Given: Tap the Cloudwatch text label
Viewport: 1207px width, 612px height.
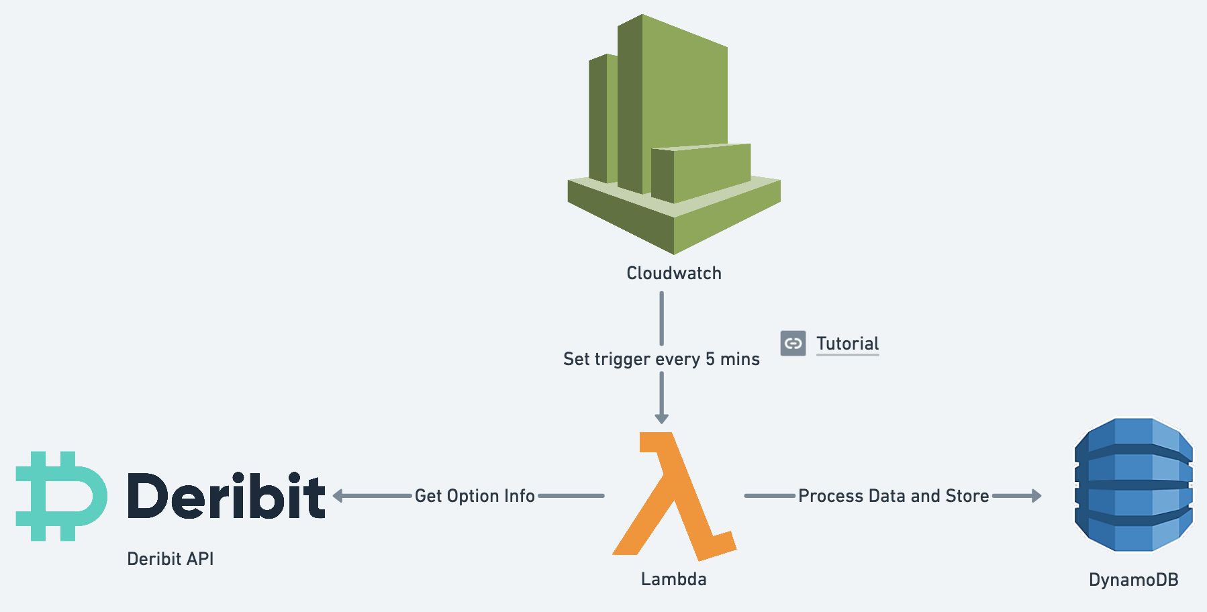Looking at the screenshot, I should pyautogui.click(x=674, y=273).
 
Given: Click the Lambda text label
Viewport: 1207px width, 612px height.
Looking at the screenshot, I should pyautogui.click(x=673, y=579).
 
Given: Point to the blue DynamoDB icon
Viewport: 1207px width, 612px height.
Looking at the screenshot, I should pyautogui.click(x=1133, y=484).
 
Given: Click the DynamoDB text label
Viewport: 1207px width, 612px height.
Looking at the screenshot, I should pyautogui.click(x=1133, y=580).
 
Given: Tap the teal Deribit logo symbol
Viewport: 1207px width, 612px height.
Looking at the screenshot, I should pyautogui.click(x=60, y=496).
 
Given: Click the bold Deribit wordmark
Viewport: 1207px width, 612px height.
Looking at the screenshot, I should pyautogui.click(x=226, y=496).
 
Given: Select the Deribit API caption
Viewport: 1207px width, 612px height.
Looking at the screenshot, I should pyautogui.click(x=171, y=559).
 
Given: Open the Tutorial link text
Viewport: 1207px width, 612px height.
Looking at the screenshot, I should pyautogui.click(x=847, y=344).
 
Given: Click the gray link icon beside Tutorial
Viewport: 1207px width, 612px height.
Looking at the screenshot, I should pyautogui.click(x=793, y=344).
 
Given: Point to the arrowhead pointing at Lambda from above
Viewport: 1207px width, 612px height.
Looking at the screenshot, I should pyautogui.click(x=661, y=418).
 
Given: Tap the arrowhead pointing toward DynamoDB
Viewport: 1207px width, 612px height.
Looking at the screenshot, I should pyautogui.click(x=1036, y=496).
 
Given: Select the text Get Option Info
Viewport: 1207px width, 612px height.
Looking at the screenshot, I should pyautogui.click(x=475, y=496).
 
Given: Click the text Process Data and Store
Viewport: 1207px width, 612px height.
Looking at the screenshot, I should pyautogui.click(x=894, y=496).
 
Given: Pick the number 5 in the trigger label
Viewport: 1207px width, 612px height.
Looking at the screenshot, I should pyautogui.click(x=710, y=359).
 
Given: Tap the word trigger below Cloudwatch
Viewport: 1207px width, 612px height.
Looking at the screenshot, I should pyautogui.click(x=624, y=360).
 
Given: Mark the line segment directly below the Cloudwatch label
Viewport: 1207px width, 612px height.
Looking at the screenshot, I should pyautogui.click(x=661, y=318).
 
